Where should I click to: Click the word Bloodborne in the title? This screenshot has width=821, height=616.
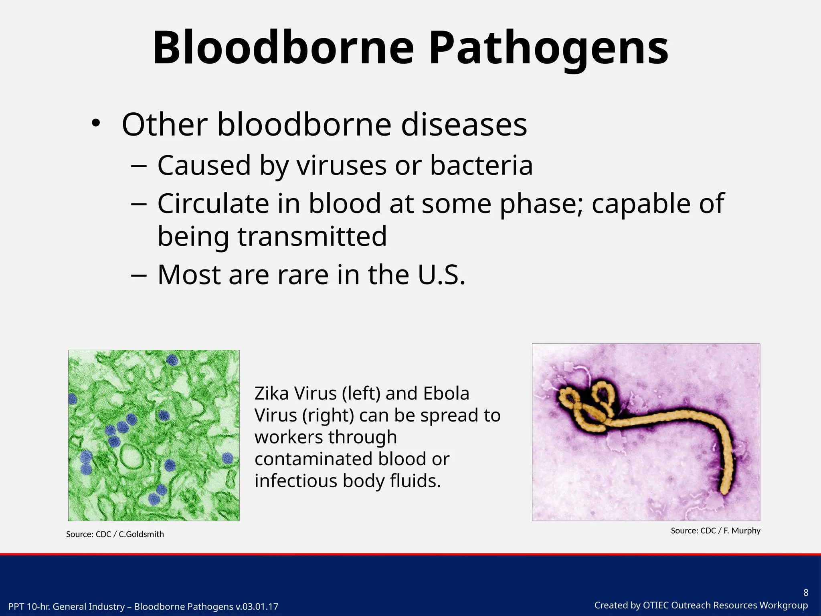[283, 48]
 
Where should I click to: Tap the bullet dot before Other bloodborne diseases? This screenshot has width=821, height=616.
[95, 124]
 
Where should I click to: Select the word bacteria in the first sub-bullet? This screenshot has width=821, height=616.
[481, 165]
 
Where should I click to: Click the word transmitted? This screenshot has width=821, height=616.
[312, 237]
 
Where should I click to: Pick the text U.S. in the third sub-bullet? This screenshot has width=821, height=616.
[441, 275]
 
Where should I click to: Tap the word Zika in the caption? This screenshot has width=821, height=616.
[271, 393]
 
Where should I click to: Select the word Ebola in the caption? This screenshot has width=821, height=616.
[446, 393]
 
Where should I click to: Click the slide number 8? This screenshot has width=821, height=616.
[806, 593]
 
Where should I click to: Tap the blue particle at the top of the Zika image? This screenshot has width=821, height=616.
[172, 360]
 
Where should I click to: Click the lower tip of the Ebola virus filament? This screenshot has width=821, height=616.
[724, 490]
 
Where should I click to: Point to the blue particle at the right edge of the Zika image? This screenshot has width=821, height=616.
[227, 458]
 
